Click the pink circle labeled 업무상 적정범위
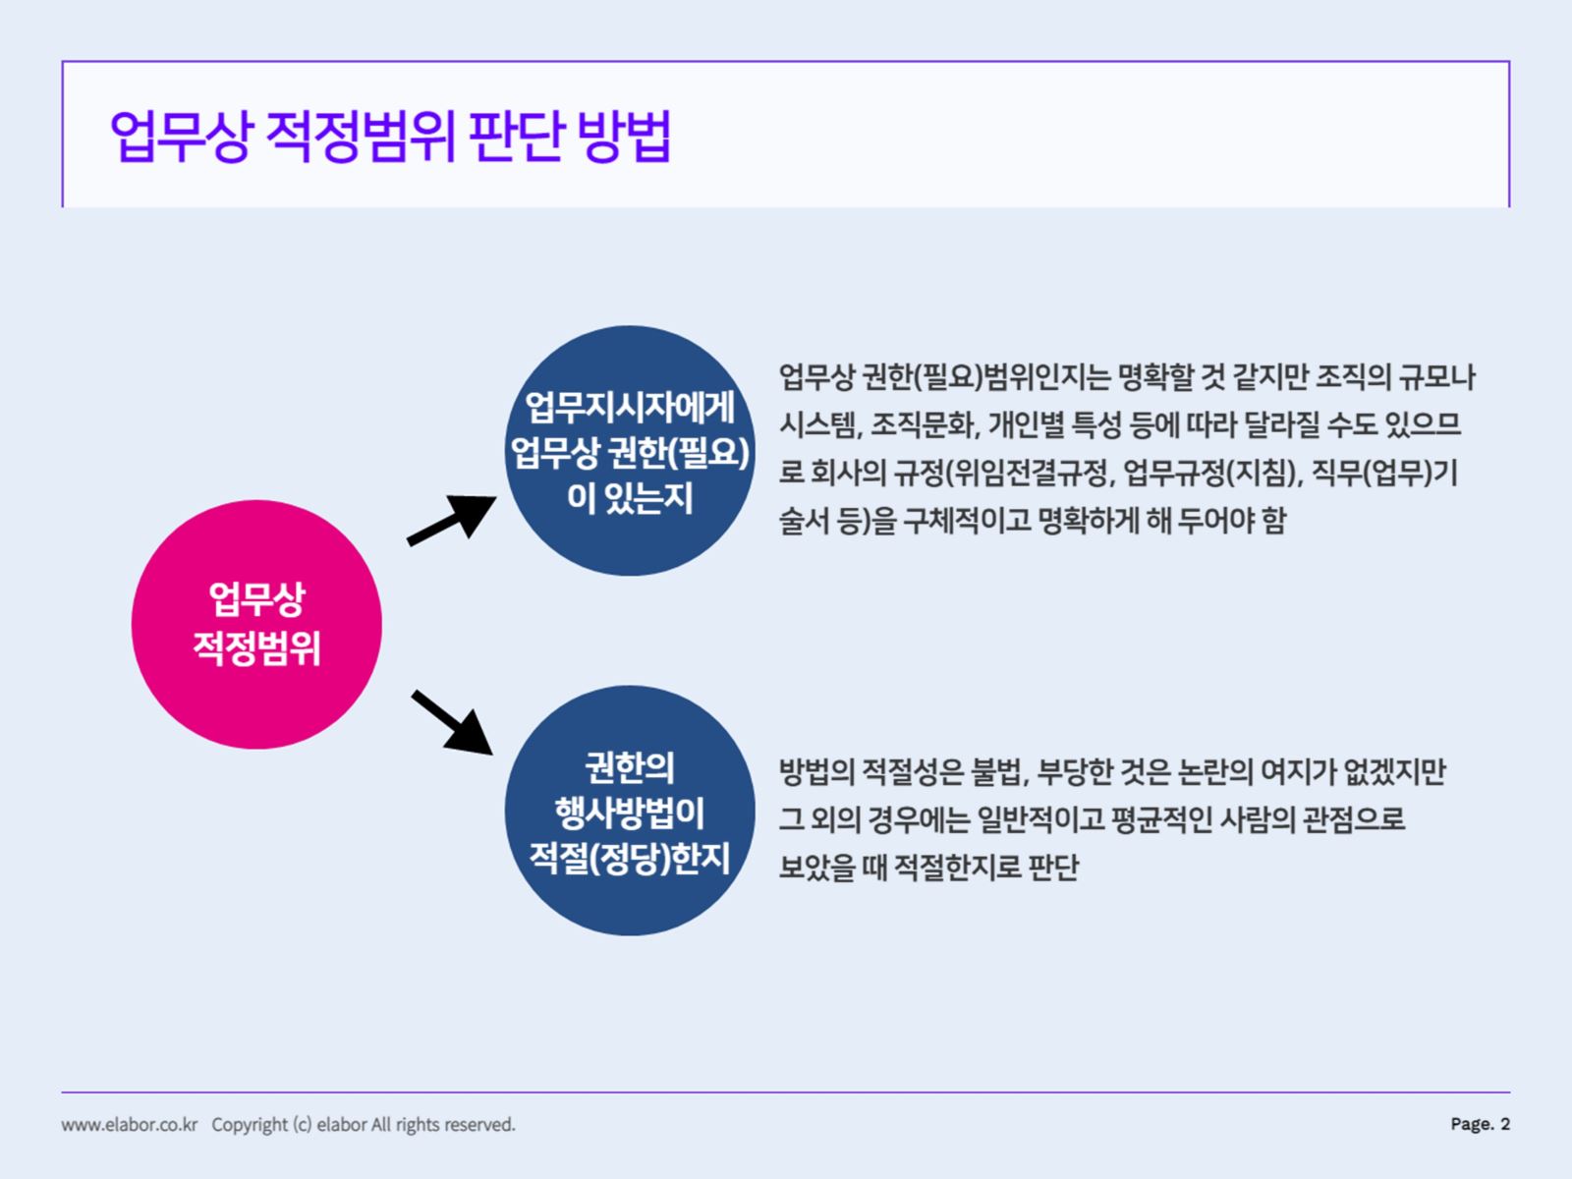tap(256, 624)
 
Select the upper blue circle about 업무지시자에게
tap(630, 450)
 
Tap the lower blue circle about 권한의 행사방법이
tap(630, 811)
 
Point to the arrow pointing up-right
tap(451, 520)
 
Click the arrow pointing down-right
tap(452, 722)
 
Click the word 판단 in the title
tap(517, 136)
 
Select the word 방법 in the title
tap(623, 136)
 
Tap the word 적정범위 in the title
tap(361, 136)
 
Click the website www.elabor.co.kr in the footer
tap(130, 1125)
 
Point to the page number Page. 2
tap(1481, 1124)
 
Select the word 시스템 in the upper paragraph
tap(819, 425)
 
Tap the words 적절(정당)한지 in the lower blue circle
tap(630, 858)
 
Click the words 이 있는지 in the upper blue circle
tap(630, 497)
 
